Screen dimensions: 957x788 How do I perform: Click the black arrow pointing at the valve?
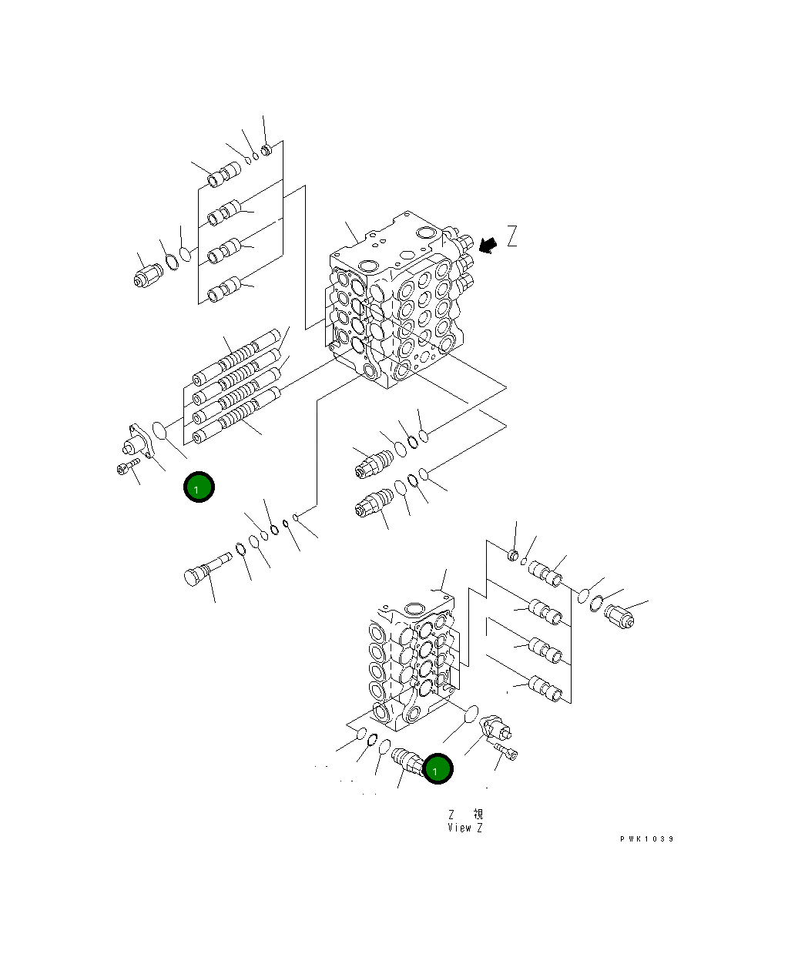[x=488, y=244]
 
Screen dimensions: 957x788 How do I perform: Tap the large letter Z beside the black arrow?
[x=512, y=236]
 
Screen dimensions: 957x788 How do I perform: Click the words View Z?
[x=464, y=828]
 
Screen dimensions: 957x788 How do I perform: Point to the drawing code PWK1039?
[x=646, y=839]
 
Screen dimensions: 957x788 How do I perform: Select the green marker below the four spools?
[x=199, y=487]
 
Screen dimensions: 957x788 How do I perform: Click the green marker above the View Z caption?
[x=438, y=769]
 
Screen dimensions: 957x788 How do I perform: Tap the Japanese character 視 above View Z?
[x=478, y=814]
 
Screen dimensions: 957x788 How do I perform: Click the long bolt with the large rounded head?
[x=204, y=570]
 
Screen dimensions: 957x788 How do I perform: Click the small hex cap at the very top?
[x=267, y=149]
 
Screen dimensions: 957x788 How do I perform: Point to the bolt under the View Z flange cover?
[x=506, y=749]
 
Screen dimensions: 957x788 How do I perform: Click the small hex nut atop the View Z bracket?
[x=514, y=554]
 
